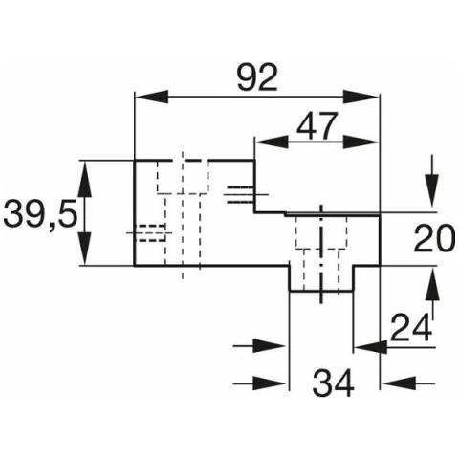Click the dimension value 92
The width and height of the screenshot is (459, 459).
pos(257,77)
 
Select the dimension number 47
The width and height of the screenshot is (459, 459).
pos(317,126)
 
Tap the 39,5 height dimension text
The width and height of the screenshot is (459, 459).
pos(40,213)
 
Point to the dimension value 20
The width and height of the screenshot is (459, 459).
pos(434,238)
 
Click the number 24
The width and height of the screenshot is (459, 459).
pos(411,327)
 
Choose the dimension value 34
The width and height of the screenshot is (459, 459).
pos(333,382)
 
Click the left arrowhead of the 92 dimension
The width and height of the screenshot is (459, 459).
pos(151,97)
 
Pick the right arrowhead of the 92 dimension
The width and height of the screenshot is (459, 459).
pos(361,97)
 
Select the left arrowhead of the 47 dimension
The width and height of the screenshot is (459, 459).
pos(272,142)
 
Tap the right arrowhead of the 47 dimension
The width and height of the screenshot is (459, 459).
pos(361,142)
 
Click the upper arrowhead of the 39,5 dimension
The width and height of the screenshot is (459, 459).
pos(85,179)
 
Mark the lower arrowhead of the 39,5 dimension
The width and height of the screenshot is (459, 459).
pos(85,249)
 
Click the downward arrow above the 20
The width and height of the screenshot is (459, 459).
pos(432,181)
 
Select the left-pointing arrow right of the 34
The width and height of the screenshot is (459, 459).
pos(408,382)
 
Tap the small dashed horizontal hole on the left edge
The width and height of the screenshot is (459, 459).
pos(150,233)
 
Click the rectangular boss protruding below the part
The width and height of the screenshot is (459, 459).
pos(321,278)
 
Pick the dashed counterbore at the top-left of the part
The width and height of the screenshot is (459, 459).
pos(183,177)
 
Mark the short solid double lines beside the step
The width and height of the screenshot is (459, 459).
pos(241,194)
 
